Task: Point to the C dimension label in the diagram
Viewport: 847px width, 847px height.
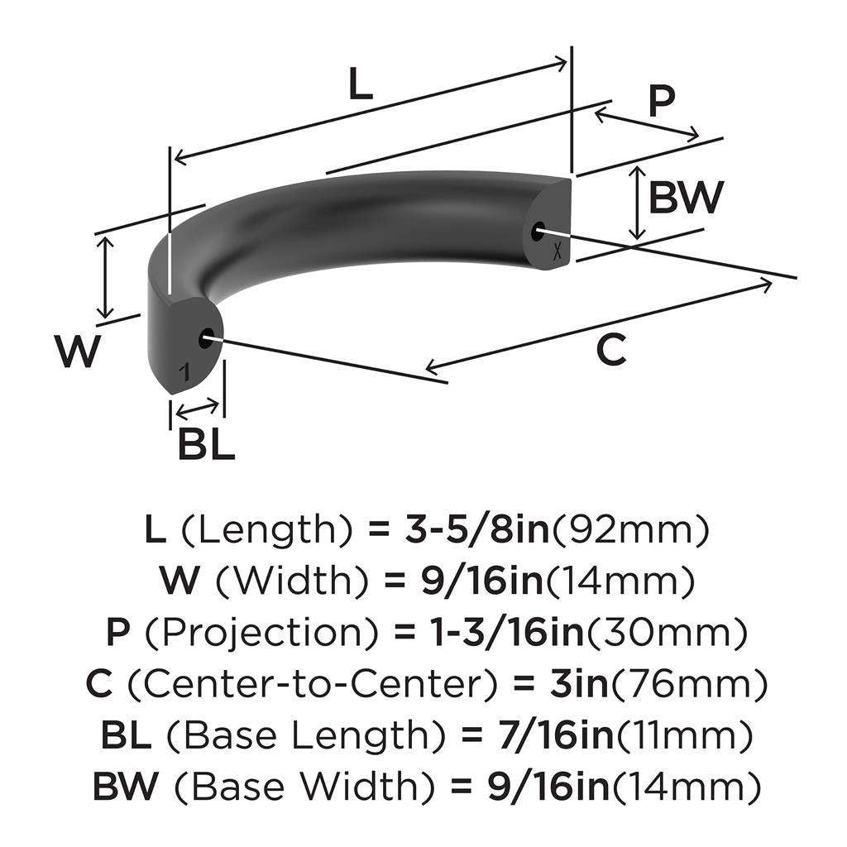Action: pos(611,351)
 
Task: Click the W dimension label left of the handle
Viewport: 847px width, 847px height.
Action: pos(78,352)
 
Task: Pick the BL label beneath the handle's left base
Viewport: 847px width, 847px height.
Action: pos(206,446)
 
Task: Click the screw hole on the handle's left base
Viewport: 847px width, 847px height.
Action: pos(205,337)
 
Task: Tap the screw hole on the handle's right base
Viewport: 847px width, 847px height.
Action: pos(539,232)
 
